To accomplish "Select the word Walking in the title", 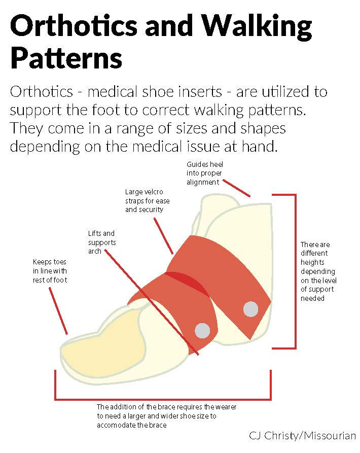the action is (x=257, y=27).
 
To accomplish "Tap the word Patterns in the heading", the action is (x=66, y=58).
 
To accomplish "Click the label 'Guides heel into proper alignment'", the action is (x=205, y=173).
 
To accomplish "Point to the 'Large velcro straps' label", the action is (x=147, y=201).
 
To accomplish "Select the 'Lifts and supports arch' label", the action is (x=102, y=242).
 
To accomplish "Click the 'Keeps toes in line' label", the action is (x=50, y=271).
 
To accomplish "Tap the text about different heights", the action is (x=318, y=271).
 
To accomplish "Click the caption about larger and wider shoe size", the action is (x=166, y=416).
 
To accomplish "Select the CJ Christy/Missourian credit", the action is (x=302, y=436).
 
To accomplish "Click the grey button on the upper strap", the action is (x=250, y=309).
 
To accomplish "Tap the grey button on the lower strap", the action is (x=202, y=331).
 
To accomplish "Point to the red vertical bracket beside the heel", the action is (x=295, y=271).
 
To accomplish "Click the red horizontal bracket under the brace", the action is (x=163, y=399).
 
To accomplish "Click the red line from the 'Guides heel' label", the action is (x=237, y=188).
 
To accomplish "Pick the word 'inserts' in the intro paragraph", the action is (x=200, y=92).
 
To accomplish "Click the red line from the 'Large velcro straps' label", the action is (x=163, y=236).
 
